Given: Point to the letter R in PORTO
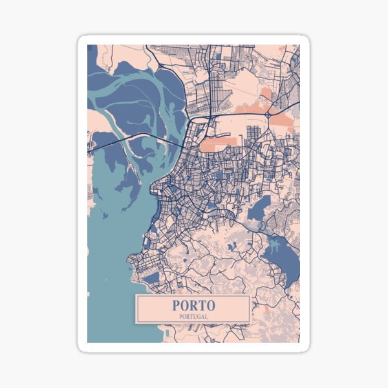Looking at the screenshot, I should (188, 305).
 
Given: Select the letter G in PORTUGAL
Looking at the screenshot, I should (201, 316).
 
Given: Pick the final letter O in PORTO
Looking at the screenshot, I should (211, 305).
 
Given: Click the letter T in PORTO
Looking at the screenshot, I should (200, 305).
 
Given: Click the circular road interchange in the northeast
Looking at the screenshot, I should (268, 115).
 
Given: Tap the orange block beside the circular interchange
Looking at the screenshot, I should (281, 120).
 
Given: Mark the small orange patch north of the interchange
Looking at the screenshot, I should (265, 94).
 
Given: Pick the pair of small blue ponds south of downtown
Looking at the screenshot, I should (232, 246).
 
